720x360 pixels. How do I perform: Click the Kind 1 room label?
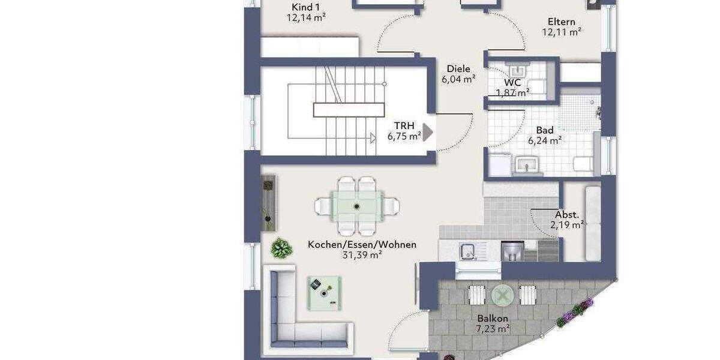pos(305,7)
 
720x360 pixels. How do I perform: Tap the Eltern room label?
pos(562,22)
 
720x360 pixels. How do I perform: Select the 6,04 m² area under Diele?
pos(458,79)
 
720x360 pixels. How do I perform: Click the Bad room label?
pos(545,130)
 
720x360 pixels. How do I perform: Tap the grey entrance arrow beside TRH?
pos(428,132)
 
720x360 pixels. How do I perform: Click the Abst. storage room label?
pos(567,214)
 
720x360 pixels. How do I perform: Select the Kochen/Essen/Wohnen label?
pos(362,244)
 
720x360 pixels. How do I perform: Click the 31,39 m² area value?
pos(362,254)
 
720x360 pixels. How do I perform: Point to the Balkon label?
pos(493,318)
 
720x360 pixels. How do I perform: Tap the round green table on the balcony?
pos(503,295)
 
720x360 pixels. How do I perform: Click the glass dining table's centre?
pos(357,206)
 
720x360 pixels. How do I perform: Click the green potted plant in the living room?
pos(280,247)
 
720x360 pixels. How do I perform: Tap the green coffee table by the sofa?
pos(325,292)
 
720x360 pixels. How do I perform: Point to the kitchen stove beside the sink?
pos(512,251)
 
